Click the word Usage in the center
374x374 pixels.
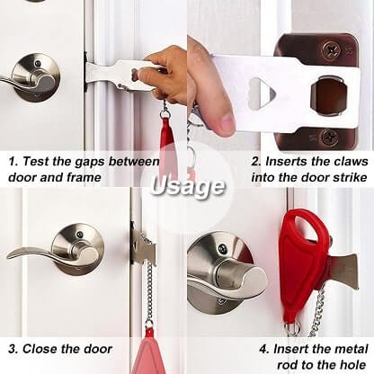click(x=188, y=186)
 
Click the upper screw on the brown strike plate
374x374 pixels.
click(x=331, y=49)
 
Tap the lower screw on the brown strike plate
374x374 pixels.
click(x=330, y=138)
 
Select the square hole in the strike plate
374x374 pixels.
click(x=329, y=96)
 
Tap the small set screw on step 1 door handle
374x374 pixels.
click(x=37, y=64)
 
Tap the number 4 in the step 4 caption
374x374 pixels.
click(x=263, y=350)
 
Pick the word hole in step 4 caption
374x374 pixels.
click(x=352, y=365)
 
